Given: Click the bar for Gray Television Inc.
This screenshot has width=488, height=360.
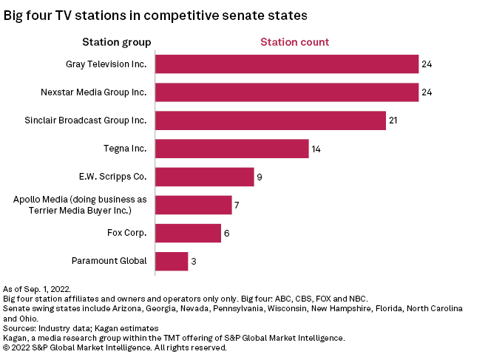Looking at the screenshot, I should pos(286,64).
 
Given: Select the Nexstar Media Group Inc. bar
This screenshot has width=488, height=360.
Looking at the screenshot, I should pos(286,92).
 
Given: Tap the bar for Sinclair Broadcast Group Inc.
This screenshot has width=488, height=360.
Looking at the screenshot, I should pos(270,120).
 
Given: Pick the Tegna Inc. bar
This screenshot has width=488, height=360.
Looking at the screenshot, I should pos(231,149).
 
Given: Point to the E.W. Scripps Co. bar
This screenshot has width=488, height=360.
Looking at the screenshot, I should pos(204,177).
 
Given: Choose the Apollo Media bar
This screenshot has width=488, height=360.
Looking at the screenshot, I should pos(193,205).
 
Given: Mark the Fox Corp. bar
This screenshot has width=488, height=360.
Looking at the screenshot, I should pos(188,233).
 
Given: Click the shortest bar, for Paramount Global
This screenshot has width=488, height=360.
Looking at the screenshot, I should pos(172,261).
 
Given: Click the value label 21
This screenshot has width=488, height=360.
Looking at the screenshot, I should pos(393,120).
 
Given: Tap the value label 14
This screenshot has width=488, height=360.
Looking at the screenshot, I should pos(316,149).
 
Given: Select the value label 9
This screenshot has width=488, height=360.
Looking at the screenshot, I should pos(259,177).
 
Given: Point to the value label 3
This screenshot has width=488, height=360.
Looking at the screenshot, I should pos(193,261).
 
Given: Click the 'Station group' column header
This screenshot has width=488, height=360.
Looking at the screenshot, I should pos(116,42).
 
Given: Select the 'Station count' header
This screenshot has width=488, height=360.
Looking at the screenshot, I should pos(294,42).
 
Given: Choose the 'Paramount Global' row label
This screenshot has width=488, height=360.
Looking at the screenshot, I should pos(109,261).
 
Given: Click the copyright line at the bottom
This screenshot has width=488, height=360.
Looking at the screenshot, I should pos(115,347).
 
